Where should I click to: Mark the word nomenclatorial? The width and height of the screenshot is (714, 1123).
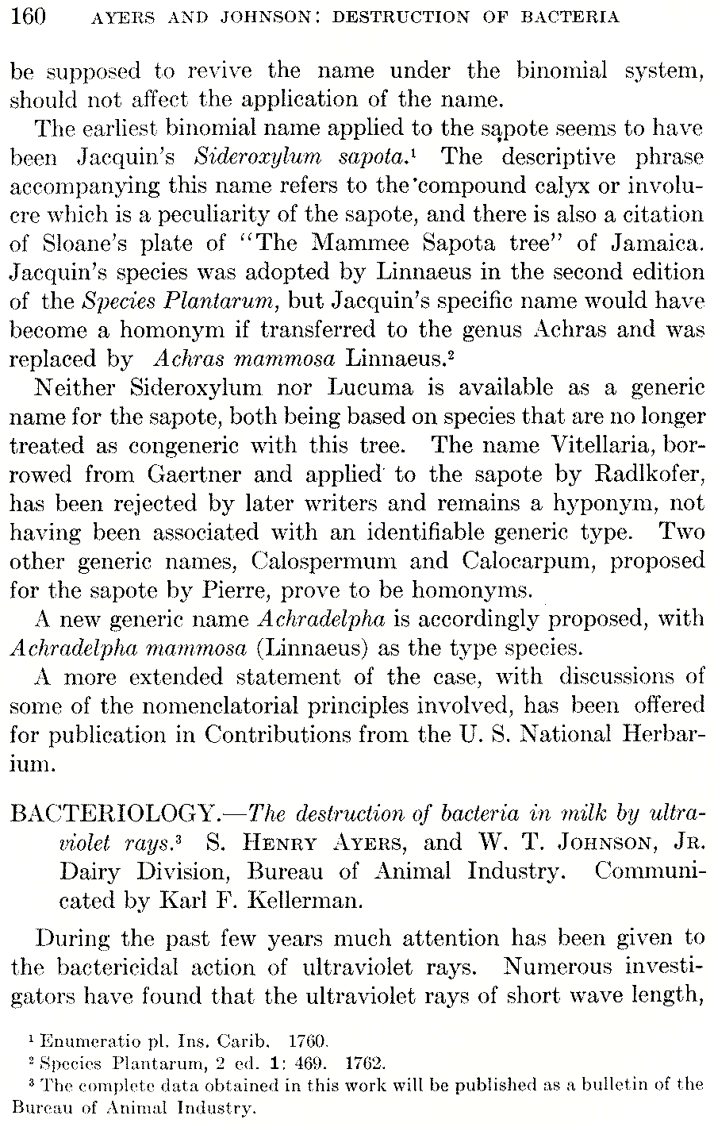pyautogui.click(x=192, y=705)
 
